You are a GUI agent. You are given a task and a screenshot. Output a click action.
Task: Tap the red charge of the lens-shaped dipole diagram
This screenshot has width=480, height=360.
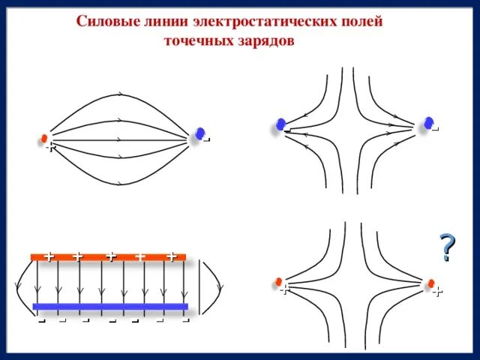point(44,139)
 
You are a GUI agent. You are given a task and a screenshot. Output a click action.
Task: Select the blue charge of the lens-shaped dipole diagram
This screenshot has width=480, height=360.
point(199,133)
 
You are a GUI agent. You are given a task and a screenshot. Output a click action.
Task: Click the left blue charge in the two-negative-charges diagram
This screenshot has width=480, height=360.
point(280,124)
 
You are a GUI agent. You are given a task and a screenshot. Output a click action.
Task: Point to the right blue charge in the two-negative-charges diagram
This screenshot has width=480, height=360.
point(428,122)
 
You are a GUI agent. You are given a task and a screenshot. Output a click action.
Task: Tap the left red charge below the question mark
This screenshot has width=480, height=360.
point(279,282)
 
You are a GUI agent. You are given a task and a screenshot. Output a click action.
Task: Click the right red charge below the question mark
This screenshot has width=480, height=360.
point(431,283)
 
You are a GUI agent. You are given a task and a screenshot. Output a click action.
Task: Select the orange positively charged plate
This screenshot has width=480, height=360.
point(109,257)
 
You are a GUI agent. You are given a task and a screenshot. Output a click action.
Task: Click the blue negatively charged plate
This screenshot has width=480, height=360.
point(110,306)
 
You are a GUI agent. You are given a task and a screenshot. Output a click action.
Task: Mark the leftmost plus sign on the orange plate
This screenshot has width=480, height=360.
point(49,256)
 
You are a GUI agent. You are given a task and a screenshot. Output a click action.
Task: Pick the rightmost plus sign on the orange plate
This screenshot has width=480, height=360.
point(172,256)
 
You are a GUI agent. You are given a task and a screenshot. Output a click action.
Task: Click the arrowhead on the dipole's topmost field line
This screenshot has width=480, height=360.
point(120,95)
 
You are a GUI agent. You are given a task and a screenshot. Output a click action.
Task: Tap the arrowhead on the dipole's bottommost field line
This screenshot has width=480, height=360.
point(120,182)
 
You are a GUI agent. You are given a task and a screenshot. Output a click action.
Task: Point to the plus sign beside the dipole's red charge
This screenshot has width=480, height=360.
point(49,148)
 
